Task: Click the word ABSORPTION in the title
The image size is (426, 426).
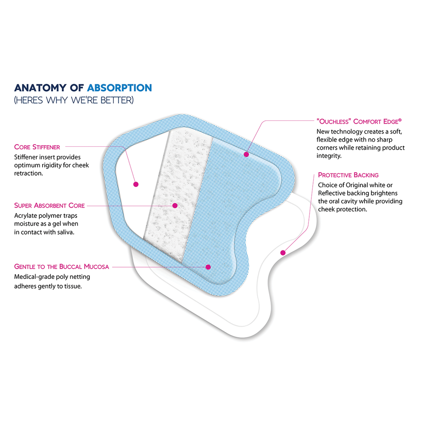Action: point(119,88)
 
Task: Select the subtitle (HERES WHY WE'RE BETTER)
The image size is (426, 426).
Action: point(74,101)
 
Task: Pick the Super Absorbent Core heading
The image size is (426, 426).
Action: point(49,206)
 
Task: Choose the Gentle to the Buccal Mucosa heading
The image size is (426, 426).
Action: point(61,267)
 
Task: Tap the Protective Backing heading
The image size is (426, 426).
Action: point(348,175)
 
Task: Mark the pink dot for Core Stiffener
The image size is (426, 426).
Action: point(136,184)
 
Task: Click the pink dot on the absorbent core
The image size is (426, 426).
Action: point(175,205)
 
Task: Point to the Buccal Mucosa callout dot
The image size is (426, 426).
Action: point(208,267)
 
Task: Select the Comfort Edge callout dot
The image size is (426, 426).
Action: point(246,154)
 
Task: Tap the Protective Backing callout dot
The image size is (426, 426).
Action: point(282,252)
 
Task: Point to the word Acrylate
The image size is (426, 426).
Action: point(26,215)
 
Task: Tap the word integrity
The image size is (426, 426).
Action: point(329,156)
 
